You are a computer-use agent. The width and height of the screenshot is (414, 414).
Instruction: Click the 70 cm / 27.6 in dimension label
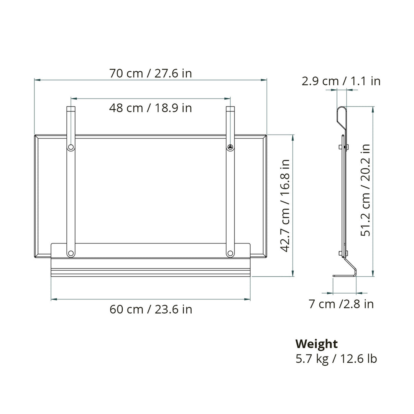coord(151,73)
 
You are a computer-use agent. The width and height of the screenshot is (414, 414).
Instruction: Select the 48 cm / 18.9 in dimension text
coord(151,108)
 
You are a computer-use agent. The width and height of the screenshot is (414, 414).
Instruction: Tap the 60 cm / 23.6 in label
coord(151,309)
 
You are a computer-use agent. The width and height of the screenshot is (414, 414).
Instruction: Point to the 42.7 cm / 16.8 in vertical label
coord(286,205)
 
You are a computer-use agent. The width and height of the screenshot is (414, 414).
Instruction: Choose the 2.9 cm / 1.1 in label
coord(341,81)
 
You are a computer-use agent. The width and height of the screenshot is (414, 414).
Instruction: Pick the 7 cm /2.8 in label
coord(341,304)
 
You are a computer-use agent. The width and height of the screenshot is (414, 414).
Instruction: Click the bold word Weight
coord(316,343)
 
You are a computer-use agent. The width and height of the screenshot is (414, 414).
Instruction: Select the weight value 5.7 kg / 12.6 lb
coord(336,359)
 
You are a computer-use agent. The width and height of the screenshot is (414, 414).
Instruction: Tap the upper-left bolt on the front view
coord(71,147)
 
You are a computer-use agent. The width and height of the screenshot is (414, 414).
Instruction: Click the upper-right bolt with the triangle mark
coord(230,147)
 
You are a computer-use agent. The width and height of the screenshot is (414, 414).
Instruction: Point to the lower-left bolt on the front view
coord(71,253)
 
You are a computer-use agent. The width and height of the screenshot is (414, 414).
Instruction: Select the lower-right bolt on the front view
coord(230,253)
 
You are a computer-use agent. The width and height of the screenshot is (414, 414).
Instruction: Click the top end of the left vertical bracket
coord(71,109)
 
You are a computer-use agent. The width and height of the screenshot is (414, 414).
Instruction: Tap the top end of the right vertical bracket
coord(230,109)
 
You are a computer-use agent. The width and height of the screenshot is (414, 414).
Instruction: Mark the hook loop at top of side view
coord(342,115)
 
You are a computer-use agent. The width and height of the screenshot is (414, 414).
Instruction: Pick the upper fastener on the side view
coord(344,147)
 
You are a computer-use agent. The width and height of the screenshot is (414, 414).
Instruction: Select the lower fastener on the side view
coord(344,253)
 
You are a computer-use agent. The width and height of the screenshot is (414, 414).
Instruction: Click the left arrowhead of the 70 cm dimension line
coord(36,80)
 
